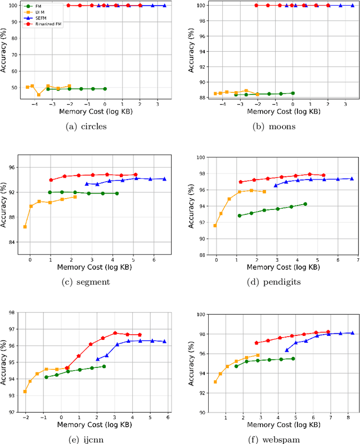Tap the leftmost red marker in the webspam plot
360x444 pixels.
coord(256,343)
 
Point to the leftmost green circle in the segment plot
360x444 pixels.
coord(50,192)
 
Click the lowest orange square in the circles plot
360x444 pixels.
coord(38,95)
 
